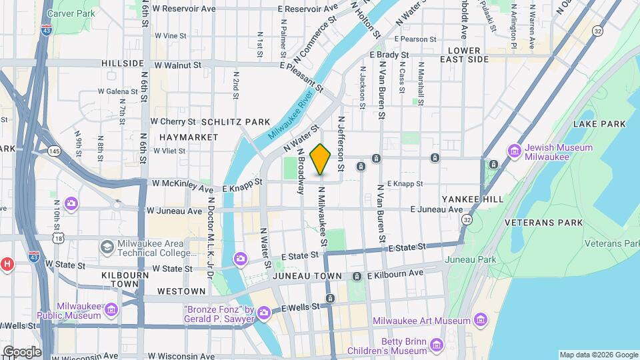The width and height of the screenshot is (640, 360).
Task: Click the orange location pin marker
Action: (321, 159)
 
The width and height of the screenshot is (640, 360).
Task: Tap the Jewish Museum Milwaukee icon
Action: (514, 151)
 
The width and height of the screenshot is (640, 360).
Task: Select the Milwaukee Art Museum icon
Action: (479, 321)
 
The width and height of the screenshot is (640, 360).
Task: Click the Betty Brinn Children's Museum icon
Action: (437, 345)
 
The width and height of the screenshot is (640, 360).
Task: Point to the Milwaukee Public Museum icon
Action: (111, 310)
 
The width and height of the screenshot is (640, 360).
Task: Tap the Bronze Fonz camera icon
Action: (264, 312)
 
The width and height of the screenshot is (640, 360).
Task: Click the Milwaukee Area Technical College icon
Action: (107, 247)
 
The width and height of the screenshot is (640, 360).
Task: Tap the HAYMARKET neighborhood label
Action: (189, 137)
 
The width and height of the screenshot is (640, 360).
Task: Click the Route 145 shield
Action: (54, 152)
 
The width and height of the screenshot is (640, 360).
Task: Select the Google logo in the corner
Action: (21, 351)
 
